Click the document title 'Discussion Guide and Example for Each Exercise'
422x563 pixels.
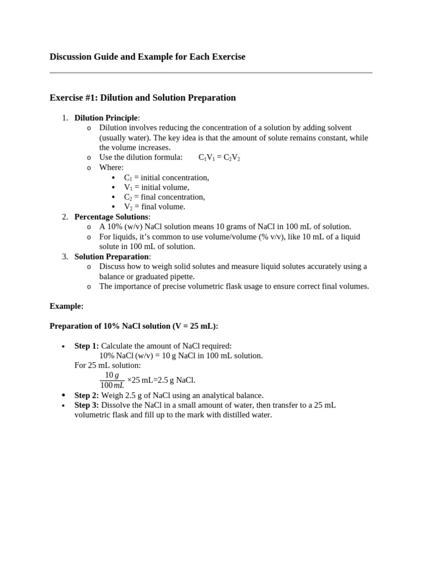(147, 57)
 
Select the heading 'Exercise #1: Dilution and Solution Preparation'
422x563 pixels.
(142, 98)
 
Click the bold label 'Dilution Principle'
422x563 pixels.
(107, 118)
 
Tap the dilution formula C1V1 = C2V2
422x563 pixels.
(219, 158)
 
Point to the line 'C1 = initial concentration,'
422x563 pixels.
(166, 178)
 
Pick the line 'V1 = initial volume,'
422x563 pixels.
(156, 187)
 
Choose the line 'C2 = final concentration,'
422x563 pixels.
(164, 197)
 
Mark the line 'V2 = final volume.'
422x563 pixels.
(154, 207)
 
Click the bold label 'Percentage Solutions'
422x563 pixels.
(112, 217)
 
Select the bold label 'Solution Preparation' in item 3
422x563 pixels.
(112, 257)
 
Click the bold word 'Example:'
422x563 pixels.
(66, 306)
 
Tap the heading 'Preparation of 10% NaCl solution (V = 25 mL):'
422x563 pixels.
(134, 326)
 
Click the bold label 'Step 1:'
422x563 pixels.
(87, 346)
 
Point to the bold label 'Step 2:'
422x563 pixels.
(87, 395)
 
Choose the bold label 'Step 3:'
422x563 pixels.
(87, 405)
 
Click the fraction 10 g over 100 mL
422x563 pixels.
(112, 380)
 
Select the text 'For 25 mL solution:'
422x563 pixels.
(107, 366)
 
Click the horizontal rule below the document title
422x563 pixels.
(210, 73)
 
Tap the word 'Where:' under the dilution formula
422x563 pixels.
(111, 168)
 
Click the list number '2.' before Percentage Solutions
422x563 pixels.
(65, 217)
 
